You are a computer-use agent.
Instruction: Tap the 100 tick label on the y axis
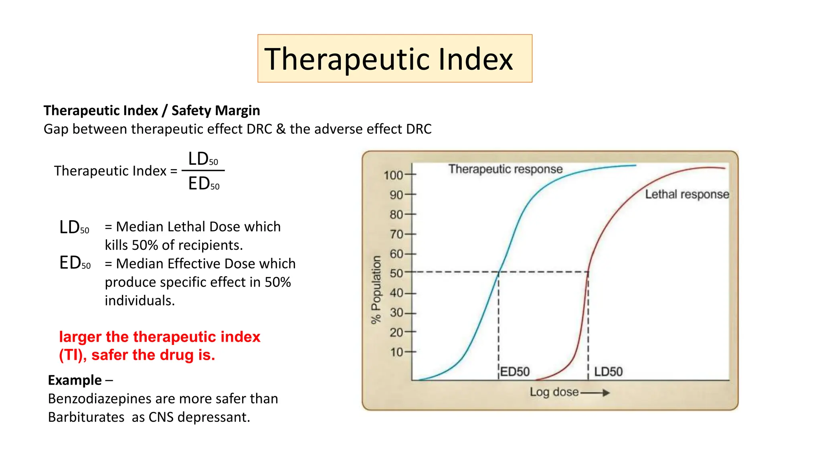393,175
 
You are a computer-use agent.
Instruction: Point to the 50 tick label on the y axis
396,274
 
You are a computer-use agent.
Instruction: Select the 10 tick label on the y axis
396,352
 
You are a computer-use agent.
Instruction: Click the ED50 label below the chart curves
515,372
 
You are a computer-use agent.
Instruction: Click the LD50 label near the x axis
608,372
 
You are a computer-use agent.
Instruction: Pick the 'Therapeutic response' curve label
505,169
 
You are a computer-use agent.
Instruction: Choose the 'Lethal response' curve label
687,195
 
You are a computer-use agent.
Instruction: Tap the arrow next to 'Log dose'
596,393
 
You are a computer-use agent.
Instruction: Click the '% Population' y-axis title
376,290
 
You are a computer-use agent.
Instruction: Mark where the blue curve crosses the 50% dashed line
499,272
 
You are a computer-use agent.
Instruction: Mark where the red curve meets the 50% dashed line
588,272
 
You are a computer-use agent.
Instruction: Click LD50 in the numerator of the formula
203,159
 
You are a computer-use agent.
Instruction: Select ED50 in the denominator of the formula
204,184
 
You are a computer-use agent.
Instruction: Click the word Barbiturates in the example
86,417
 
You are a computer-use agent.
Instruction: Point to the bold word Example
75,380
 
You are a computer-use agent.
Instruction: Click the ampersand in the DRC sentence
281,129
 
